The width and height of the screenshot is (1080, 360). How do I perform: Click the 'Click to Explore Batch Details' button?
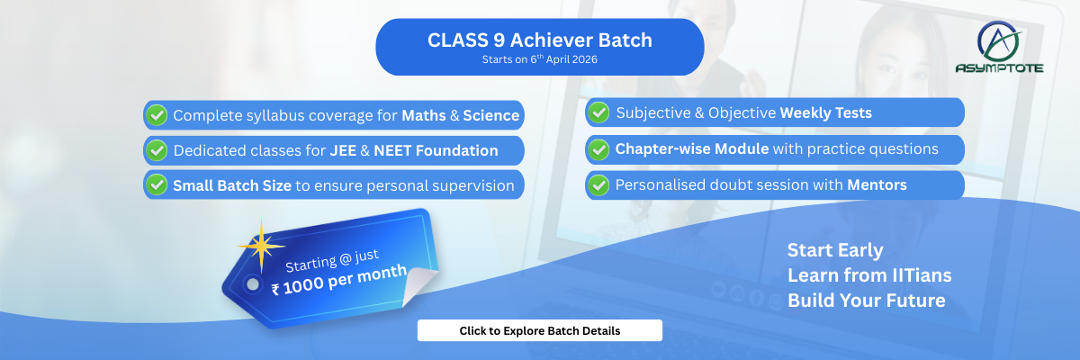[539, 330]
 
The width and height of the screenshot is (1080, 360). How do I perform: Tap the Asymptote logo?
[999, 47]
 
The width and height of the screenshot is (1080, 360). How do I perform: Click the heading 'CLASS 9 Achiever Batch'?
[539, 40]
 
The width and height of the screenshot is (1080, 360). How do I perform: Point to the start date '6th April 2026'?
[563, 59]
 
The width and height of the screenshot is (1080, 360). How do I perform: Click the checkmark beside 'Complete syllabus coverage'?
[157, 115]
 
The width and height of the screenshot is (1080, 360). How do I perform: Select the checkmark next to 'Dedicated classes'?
[157, 150]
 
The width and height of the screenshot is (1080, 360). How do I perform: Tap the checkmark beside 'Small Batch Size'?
[157, 185]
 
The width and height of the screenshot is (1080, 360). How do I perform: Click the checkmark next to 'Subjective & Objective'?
[598, 112]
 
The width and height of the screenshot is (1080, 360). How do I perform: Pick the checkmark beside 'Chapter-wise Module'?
[598, 148]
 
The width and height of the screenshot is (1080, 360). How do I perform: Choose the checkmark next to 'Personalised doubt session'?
[598, 185]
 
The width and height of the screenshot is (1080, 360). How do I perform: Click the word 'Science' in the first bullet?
[490, 116]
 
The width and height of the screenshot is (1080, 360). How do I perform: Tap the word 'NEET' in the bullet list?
[392, 150]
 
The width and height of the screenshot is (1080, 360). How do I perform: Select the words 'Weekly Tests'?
[826, 112]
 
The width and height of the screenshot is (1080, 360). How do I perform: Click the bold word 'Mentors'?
[877, 184]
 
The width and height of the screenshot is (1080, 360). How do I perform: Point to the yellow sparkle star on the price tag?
[261, 246]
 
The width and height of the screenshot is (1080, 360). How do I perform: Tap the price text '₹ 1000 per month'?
[339, 280]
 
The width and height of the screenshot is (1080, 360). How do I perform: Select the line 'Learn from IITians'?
[869, 275]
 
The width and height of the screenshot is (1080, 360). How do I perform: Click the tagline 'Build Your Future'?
[867, 301]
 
